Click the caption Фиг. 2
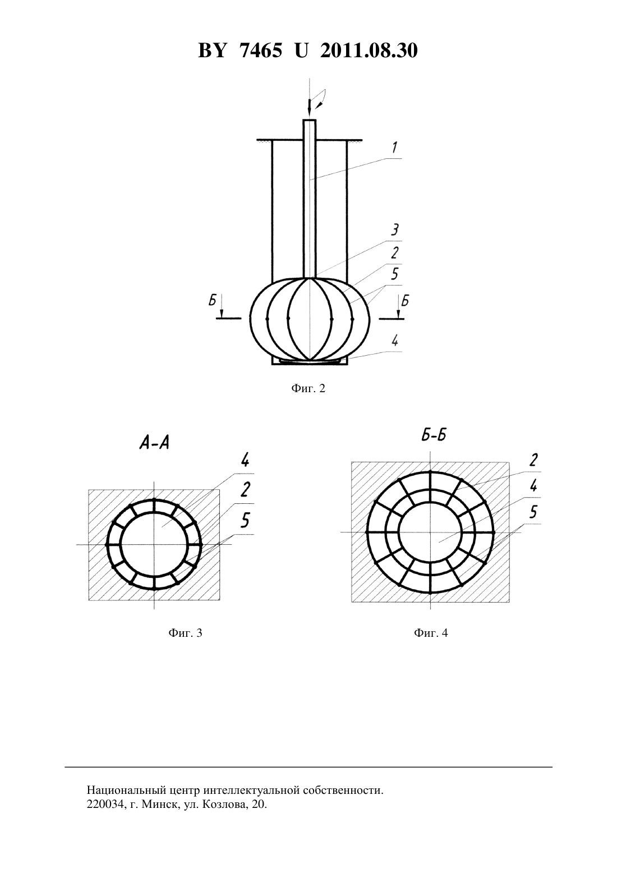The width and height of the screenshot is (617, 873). pyautogui.click(x=308, y=388)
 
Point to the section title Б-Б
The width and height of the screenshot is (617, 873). pyautogui.click(x=434, y=435)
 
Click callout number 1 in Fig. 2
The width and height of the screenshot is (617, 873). pyautogui.click(x=394, y=148)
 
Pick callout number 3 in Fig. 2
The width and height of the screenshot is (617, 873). pyautogui.click(x=394, y=230)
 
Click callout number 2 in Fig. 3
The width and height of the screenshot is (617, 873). pyautogui.click(x=245, y=489)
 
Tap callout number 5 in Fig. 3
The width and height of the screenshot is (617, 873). pyautogui.click(x=245, y=520)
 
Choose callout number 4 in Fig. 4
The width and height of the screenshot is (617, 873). pyautogui.click(x=533, y=486)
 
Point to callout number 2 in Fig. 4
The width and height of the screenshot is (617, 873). pyautogui.click(x=533, y=461)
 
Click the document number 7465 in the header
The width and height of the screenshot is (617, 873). pyautogui.click(x=261, y=50)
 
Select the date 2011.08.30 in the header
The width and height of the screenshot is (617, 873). pyautogui.click(x=369, y=50)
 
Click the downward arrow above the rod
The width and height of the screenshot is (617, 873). pyautogui.click(x=309, y=107)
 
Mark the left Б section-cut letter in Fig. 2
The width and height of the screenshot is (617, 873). pyautogui.click(x=212, y=300)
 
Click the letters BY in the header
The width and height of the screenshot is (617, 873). pyautogui.click(x=212, y=50)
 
